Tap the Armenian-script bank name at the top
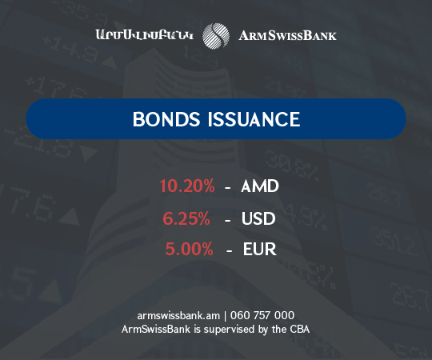(x=145, y=35)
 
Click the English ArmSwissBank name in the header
(x=288, y=35)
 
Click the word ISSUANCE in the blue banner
(x=254, y=120)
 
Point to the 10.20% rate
(x=187, y=186)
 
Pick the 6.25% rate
(x=190, y=218)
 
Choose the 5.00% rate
(x=190, y=250)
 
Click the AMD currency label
(x=259, y=186)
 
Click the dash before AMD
(x=229, y=187)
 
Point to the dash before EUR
(x=229, y=250)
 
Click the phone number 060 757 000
(x=261, y=315)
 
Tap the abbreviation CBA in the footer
(x=298, y=329)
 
